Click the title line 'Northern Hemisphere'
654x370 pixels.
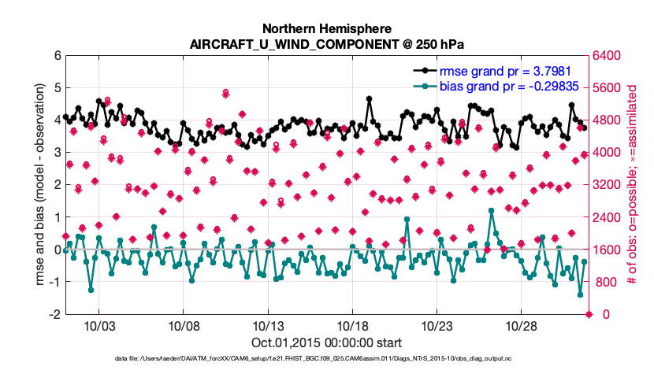pos(327,27)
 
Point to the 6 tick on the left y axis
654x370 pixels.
pos(58,56)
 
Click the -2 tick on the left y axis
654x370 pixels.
pos(55,315)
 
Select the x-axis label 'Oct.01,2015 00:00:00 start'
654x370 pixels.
pos(327,342)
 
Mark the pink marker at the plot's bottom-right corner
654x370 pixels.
pos(589,315)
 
